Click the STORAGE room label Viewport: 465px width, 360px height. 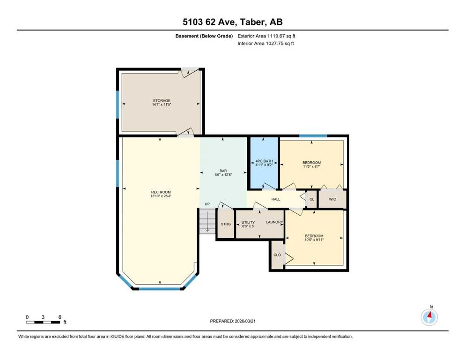click(161, 103)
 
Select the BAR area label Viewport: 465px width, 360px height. click(223, 172)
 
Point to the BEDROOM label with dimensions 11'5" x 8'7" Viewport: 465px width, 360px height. click(311, 165)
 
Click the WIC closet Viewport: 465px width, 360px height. click(332, 199)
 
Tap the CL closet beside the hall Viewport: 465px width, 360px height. click(312, 199)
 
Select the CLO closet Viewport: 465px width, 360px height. click(277, 255)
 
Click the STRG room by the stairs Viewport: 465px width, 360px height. click(226, 225)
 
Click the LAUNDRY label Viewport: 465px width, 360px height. click(274, 222)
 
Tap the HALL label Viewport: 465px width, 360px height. click(276, 199)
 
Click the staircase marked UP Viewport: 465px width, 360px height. click(207, 220)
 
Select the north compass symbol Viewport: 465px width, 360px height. click(429, 317)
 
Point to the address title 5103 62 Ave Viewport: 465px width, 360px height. click(232, 22)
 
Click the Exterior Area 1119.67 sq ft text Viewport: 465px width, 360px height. click(267, 36)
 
